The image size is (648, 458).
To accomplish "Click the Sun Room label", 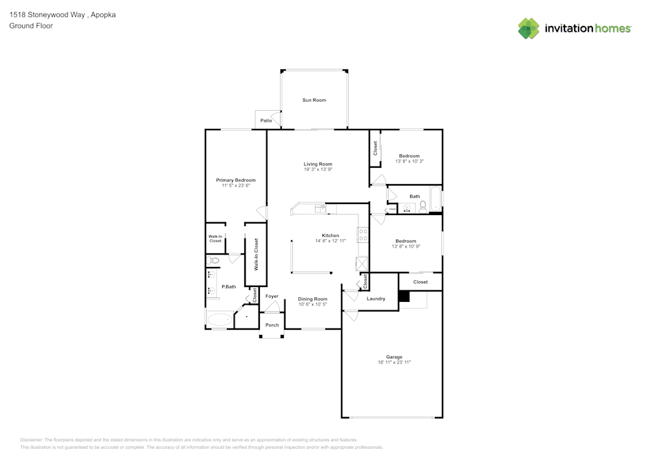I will click(x=314, y=100).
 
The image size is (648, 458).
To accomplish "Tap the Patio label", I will click(x=266, y=120).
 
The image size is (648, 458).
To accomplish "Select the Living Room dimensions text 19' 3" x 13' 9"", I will click(x=318, y=170).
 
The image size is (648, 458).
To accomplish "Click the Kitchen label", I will click(x=330, y=235).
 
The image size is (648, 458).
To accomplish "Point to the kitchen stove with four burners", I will click(x=363, y=235).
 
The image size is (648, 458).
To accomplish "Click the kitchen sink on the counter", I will click(x=319, y=209).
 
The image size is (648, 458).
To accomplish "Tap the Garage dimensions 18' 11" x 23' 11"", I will click(x=394, y=362).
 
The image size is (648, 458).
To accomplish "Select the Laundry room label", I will click(x=376, y=299).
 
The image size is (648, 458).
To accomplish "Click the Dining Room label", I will click(x=312, y=299).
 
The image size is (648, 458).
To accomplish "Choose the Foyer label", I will click(x=272, y=296).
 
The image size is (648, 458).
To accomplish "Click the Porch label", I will click(x=272, y=325).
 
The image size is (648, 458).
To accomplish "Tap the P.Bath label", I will click(x=229, y=286).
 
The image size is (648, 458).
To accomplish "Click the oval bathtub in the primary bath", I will click(x=219, y=319).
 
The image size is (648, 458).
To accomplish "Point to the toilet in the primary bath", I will click(x=213, y=260).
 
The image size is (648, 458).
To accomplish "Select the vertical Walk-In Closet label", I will click(x=256, y=254).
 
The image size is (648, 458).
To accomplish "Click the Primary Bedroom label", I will click(x=236, y=180).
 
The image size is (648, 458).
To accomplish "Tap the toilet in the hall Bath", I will click(x=422, y=207).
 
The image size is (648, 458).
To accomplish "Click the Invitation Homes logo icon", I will click(x=528, y=29).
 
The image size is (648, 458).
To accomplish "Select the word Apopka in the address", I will click(x=104, y=14).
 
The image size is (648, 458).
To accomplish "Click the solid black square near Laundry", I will click(x=404, y=296).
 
